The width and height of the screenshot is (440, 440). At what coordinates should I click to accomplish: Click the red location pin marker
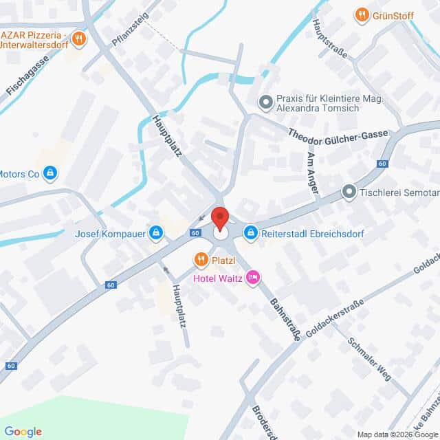(219, 217)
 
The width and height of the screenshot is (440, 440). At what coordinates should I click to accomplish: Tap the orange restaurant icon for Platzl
(201, 260)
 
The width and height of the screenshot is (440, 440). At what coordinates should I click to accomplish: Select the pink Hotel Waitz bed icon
(252, 277)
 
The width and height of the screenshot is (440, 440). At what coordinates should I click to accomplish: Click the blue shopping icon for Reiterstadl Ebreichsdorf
(251, 233)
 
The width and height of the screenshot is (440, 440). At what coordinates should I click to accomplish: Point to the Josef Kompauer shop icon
(157, 233)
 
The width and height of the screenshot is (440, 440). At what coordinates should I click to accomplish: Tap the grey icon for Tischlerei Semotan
(349, 192)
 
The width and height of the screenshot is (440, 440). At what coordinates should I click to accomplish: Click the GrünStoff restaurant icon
(361, 14)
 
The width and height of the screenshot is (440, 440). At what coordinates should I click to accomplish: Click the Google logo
(23, 431)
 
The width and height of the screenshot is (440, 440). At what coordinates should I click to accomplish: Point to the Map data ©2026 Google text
(397, 434)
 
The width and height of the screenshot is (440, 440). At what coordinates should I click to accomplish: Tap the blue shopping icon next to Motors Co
(49, 173)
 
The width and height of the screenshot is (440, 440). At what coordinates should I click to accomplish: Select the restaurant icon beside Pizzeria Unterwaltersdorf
(79, 38)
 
